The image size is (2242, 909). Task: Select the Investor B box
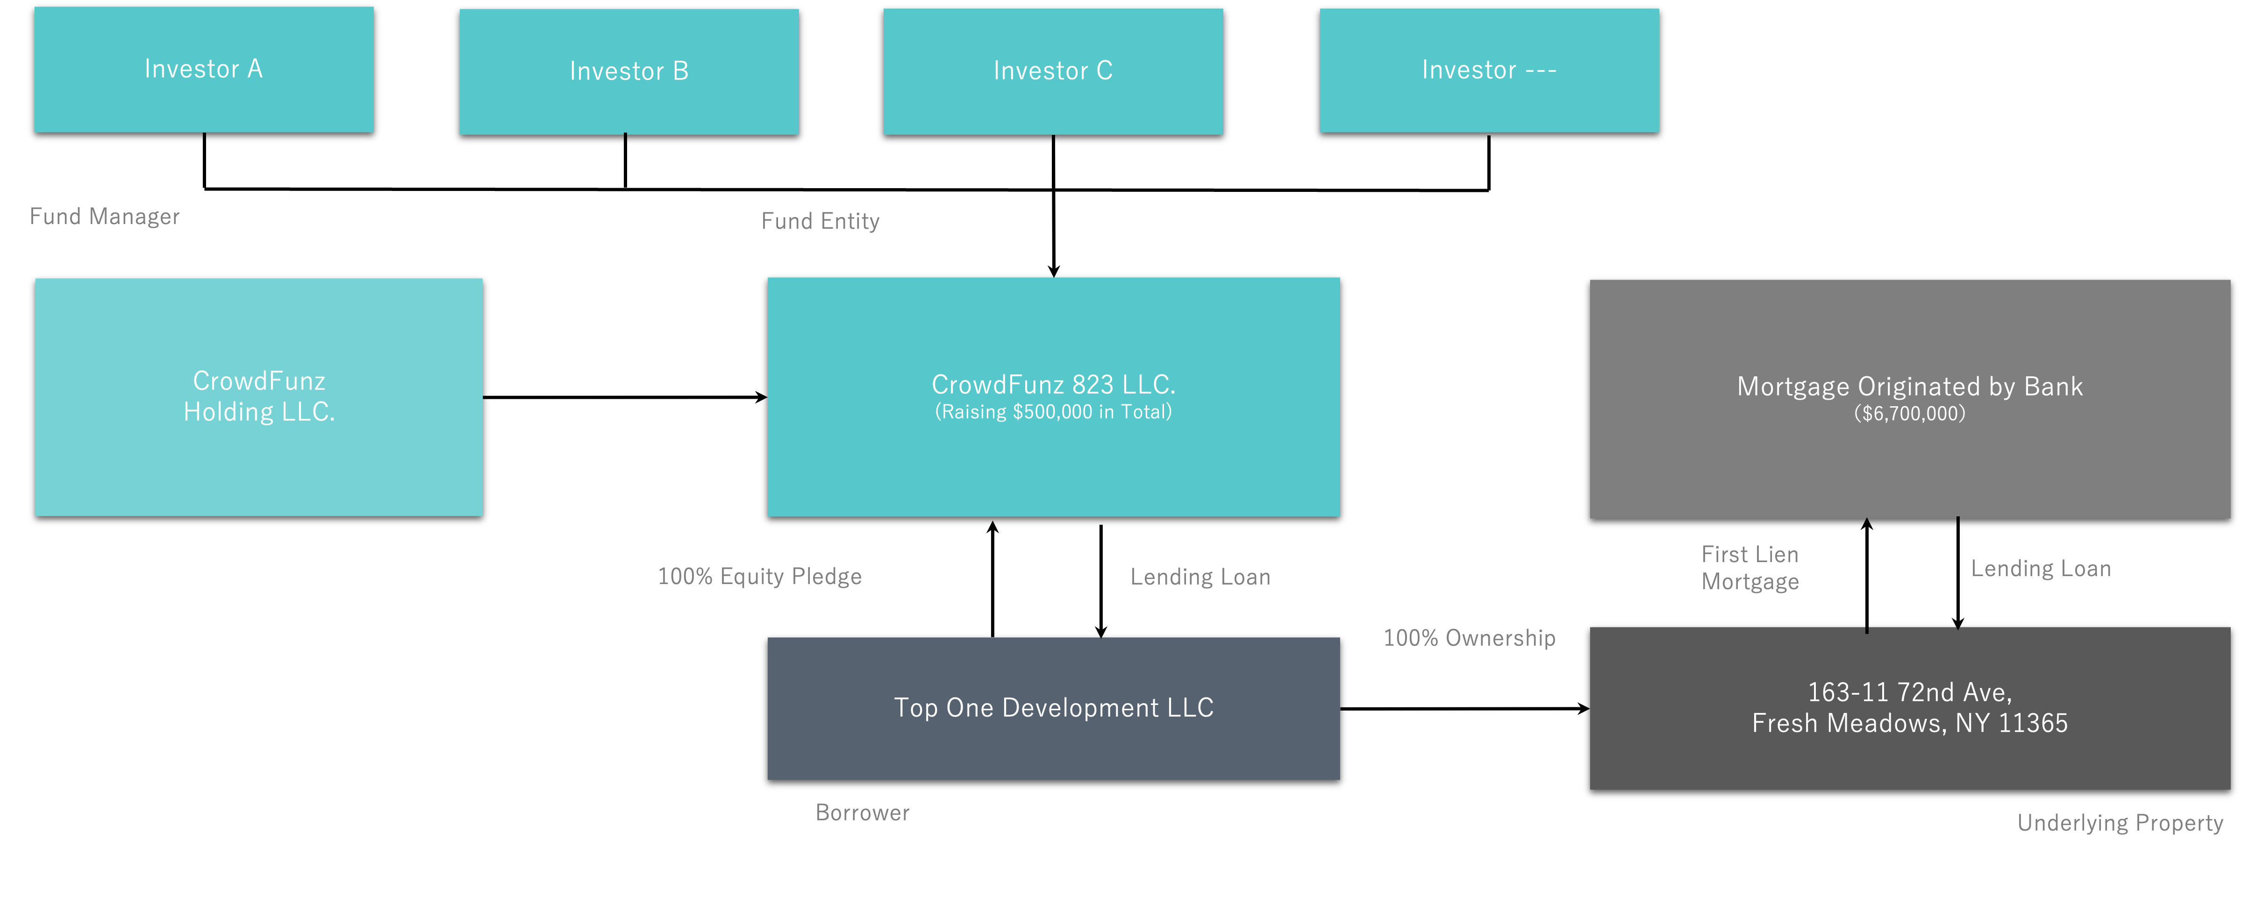(629, 71)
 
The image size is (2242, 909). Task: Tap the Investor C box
(1053, 71)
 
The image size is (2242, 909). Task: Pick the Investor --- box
(1489, 70)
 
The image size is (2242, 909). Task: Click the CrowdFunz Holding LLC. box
(259, 397)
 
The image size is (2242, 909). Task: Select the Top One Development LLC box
(1053, 709)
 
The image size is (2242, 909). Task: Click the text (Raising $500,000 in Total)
(1053, 412)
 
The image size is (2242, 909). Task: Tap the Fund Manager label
(105, 217)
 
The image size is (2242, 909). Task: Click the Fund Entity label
(821, 221)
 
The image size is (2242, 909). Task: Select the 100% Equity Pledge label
(760, 577)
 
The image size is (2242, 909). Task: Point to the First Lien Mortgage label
(1750, 568)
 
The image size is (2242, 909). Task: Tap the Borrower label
(863, 812)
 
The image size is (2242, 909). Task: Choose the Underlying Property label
(2120, 823)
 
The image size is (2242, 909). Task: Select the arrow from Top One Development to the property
(1465, 709)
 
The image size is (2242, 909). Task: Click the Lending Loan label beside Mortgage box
(2041, 569)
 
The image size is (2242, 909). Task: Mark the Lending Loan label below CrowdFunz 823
(1200, 578)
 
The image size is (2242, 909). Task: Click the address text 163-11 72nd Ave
(1909, 692)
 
